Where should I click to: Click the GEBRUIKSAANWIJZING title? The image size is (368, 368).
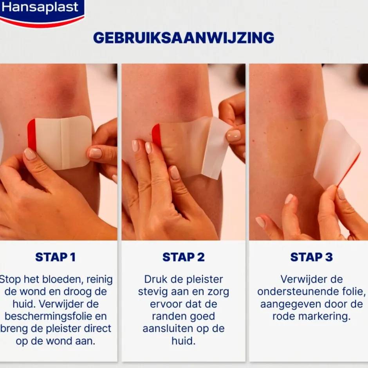[x=184, y=38]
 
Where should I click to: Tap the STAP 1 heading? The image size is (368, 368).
[x=55, y=257]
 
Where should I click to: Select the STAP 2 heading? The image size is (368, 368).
[x=184, y=257]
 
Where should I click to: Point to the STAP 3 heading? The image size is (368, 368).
[x=311, y=257]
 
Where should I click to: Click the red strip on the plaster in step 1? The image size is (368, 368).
[x=32, y=135]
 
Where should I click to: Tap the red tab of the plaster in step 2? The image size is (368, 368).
[x=157, y=135]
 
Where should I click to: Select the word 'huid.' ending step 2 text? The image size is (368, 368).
[x=183, y=341]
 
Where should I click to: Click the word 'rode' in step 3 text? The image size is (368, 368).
[x=286, y=316]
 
